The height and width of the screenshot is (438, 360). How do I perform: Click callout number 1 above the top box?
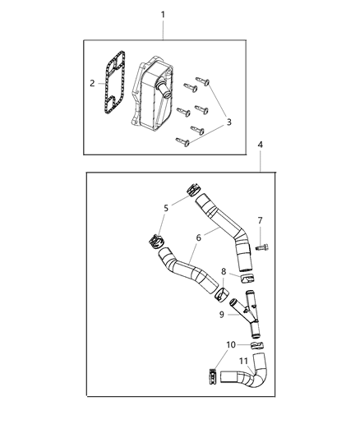click(x=162, y=15)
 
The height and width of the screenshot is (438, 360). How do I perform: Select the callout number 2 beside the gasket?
click(x=93, y=83)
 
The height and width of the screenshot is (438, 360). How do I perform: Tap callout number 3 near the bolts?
click(x=229, y=122)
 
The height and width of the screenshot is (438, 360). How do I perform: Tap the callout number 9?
click(x=222, y=314)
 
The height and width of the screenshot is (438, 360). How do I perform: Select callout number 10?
click(x=231, y=344)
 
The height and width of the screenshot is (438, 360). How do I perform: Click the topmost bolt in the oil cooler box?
click(x=205, y=81)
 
